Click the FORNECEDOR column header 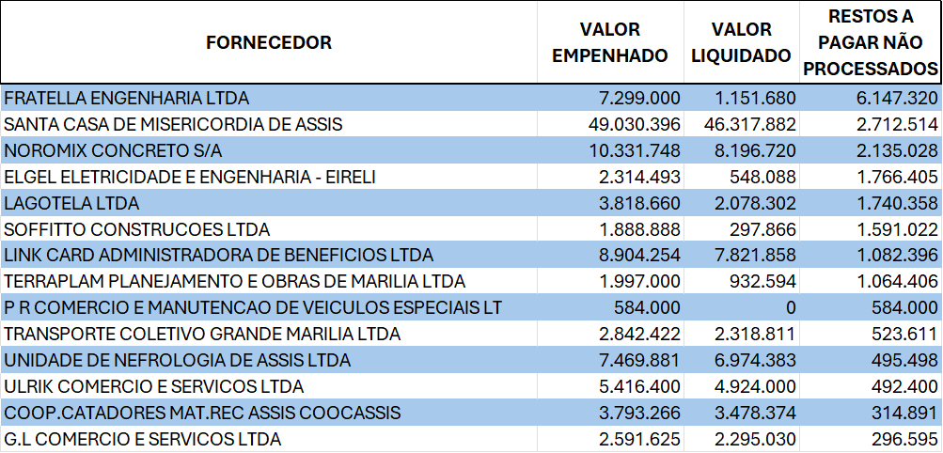(269, 42)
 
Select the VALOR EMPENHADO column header (609, 42)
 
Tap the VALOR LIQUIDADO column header (741, 42)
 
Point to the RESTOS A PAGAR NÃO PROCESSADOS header (871, 42)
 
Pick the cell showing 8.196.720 (749, 150)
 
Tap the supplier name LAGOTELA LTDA (71, 203)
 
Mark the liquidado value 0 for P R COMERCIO (791, 307)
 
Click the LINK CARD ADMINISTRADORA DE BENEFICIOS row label (219, 255)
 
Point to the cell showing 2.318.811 (749, 334)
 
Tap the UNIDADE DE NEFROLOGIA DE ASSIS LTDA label (178, 360)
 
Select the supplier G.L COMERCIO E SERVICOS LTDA (143, 439)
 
